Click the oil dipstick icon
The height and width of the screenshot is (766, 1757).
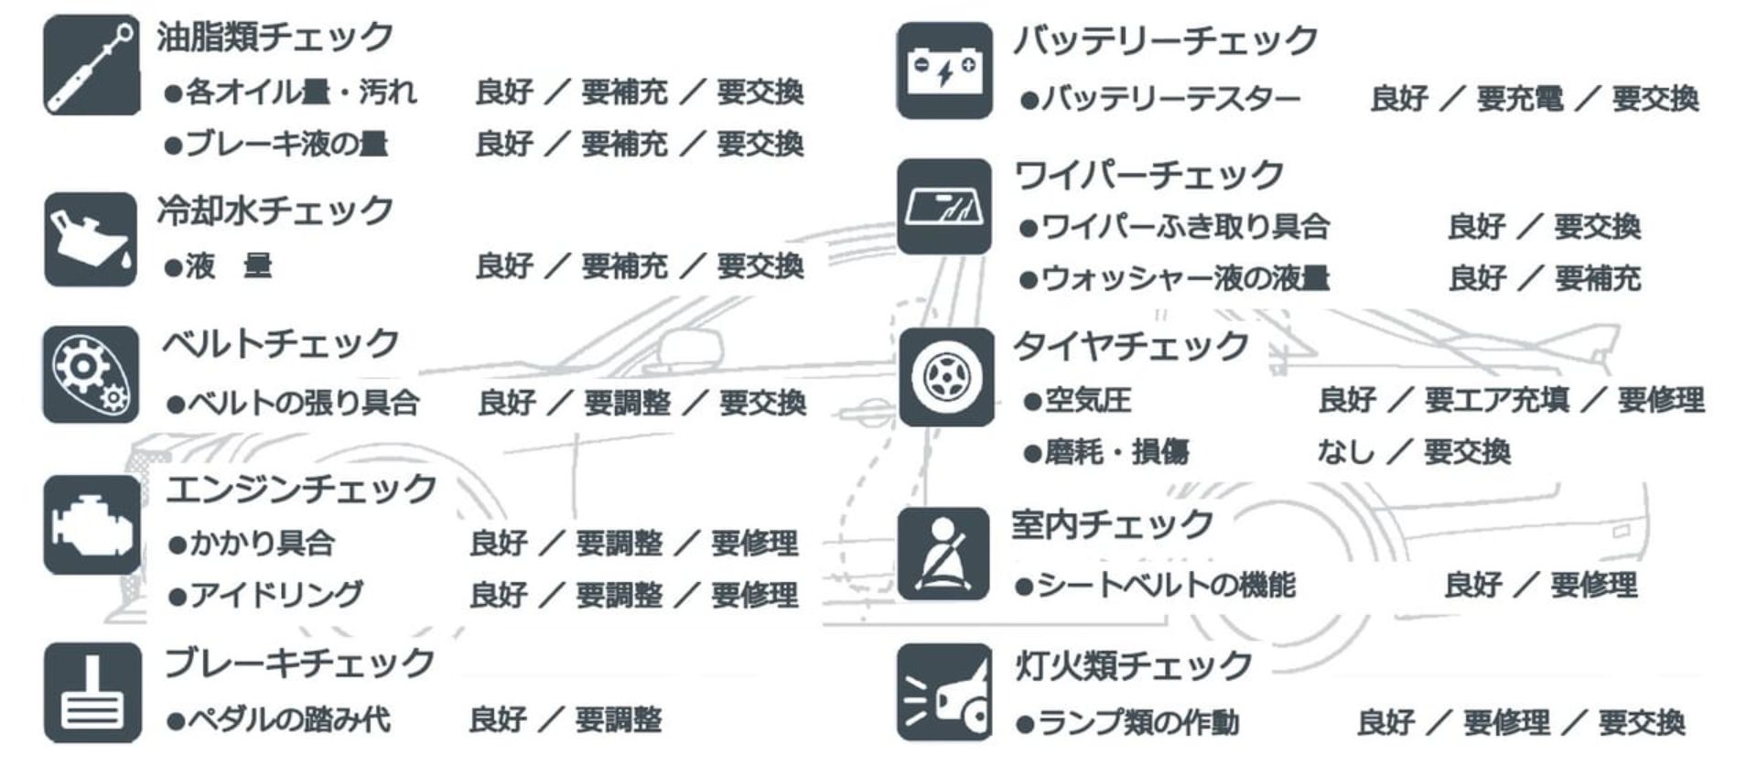click(x=92, y=65)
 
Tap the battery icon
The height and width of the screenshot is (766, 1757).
click(x=944, y=70)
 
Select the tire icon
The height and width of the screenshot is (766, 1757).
click(x=946, y=377)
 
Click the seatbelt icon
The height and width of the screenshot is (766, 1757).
click(x=943, y=555)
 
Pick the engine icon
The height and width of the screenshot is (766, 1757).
click(x=92, y=524)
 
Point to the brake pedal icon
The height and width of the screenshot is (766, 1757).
click(x=92, y=692)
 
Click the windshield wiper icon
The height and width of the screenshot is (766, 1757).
click(x=944, y=206)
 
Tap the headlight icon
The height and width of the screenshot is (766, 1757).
click(x=944, y=692)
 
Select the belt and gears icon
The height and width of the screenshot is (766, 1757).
click(x=92, y=374)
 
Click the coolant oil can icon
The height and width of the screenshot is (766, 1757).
click(x=91, y=239)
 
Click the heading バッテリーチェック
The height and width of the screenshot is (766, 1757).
click(x=1165, y=41)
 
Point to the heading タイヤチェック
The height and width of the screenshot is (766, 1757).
click(x=1130, y=346)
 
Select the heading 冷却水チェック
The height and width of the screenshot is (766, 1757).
click(x=275, y=211)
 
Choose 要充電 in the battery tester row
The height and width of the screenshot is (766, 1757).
click(x=1519, y=98)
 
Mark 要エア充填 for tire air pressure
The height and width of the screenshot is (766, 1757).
click(x=1496, y=400)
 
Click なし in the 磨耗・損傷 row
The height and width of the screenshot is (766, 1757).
click(x=1345, y=451)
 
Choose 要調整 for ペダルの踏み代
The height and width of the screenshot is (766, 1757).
click(x=619, y=720)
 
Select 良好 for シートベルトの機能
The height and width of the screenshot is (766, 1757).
click(x=1472, y=585)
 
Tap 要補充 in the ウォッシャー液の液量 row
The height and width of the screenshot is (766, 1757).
click(x=1597, y=278)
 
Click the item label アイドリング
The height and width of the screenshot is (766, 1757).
click(x=276, y=596)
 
